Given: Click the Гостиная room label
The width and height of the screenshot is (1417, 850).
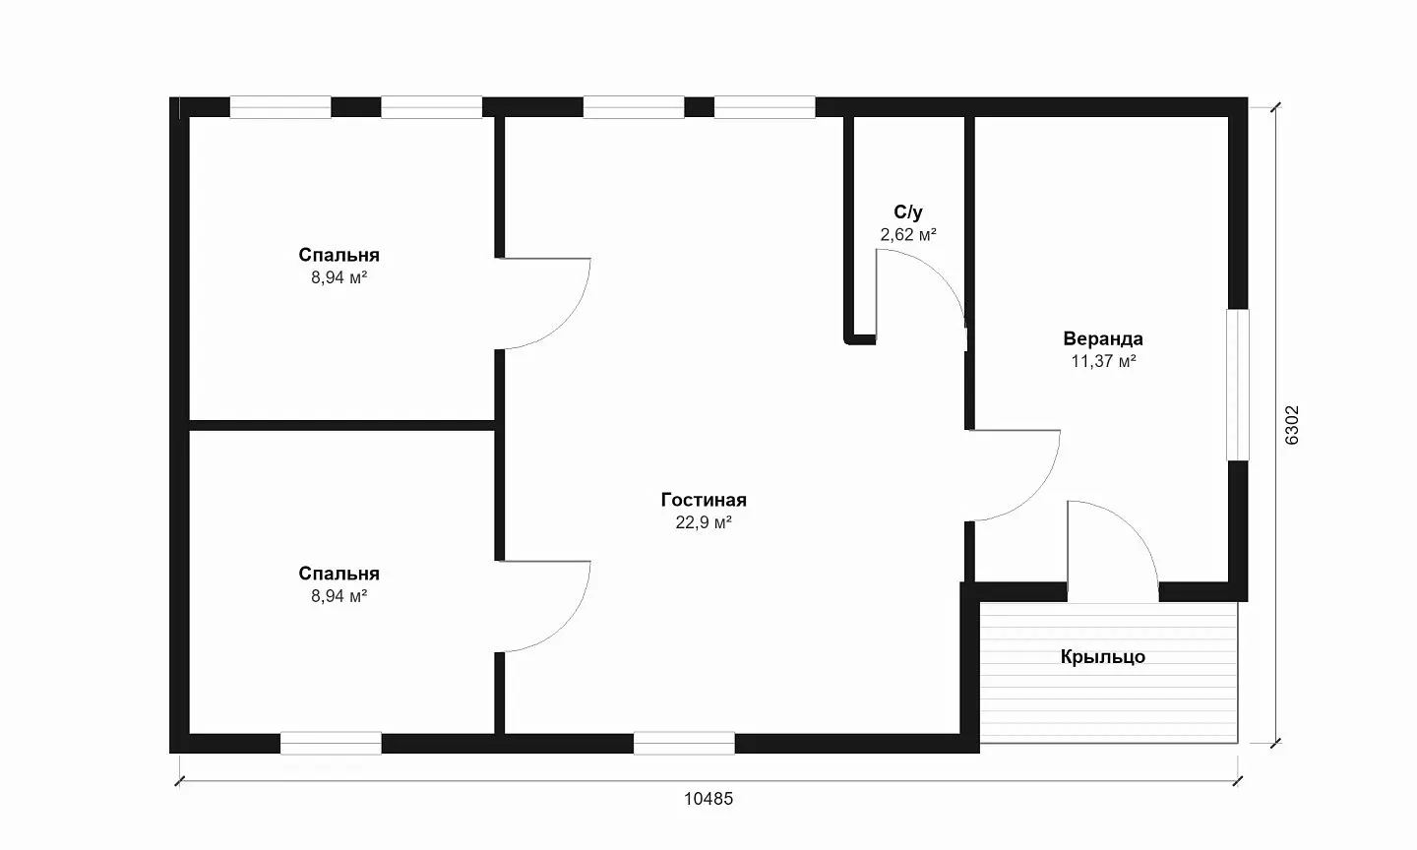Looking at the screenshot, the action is [704, 500].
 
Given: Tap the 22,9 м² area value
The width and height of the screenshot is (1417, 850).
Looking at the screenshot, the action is [704, 522].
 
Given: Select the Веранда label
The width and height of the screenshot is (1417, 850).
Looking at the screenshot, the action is [1102, 339].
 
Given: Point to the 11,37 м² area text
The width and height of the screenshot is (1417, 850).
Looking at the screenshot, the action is [1103, 361].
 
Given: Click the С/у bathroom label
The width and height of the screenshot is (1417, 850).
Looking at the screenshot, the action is [907, 212].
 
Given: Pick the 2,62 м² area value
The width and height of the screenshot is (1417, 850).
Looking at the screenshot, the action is [907, 234].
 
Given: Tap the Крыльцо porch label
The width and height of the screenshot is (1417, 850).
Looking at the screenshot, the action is [1102, 657].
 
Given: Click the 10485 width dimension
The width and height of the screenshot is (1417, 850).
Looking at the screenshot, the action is [708, 799].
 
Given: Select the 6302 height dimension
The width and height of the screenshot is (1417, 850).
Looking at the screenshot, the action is [1292, 425].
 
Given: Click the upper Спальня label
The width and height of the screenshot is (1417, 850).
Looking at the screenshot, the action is [339, 255].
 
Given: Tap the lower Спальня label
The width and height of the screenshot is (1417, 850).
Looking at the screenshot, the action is [339, 574].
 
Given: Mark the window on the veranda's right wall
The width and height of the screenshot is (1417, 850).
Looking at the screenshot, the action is [1238, 385].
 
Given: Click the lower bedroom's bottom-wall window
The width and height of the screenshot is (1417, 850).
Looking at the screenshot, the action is [331, 743].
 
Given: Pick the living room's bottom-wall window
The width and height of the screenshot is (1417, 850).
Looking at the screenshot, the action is [684, 743].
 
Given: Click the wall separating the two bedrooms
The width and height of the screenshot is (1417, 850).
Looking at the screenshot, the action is [341, 425].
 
